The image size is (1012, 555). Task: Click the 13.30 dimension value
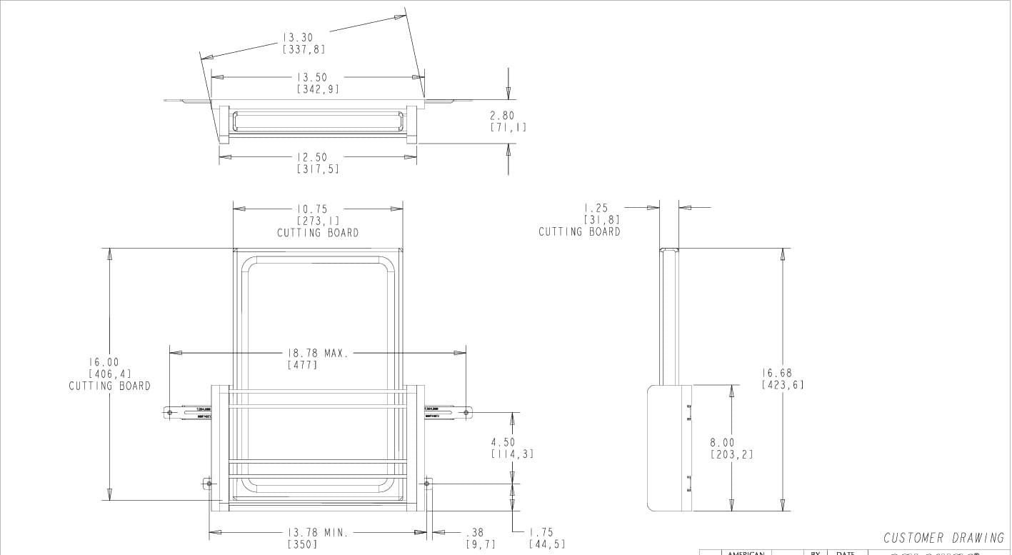(298, 37)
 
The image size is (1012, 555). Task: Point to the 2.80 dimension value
(502, 115)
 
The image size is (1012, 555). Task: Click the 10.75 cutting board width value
(312, 209)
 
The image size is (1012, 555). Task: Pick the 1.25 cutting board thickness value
(597, 208)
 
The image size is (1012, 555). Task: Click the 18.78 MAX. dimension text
(318, 353)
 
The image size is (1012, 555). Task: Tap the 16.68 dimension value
(777, 373)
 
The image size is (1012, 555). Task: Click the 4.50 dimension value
(503, 442)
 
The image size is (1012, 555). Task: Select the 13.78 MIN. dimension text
(318, 532)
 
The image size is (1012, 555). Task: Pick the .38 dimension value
(475, 532)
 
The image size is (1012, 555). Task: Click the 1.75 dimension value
(541, 532)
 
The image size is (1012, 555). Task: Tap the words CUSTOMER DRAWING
(943, 538)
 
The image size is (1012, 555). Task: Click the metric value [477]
(302, 365)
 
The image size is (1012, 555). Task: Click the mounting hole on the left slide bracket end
(171, 412)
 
